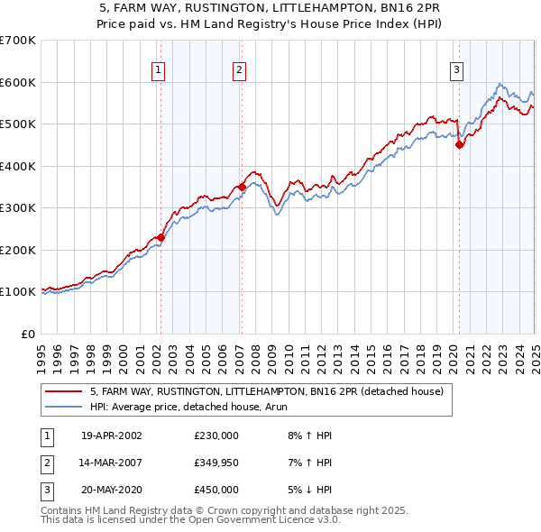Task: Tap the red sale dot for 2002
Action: tap(161, 237)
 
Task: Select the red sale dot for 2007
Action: tap(242, 187)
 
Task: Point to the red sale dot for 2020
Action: tap(459, 144)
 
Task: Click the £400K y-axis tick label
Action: tap(18, 166)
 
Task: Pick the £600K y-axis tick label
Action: tap(18, 82)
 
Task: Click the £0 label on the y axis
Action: tap(29, 334)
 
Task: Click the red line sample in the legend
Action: tap(63, 392)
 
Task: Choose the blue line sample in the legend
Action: tap(63, 408)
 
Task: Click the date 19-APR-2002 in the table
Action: tap(111, 436)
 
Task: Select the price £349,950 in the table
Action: tap(216, 463)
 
